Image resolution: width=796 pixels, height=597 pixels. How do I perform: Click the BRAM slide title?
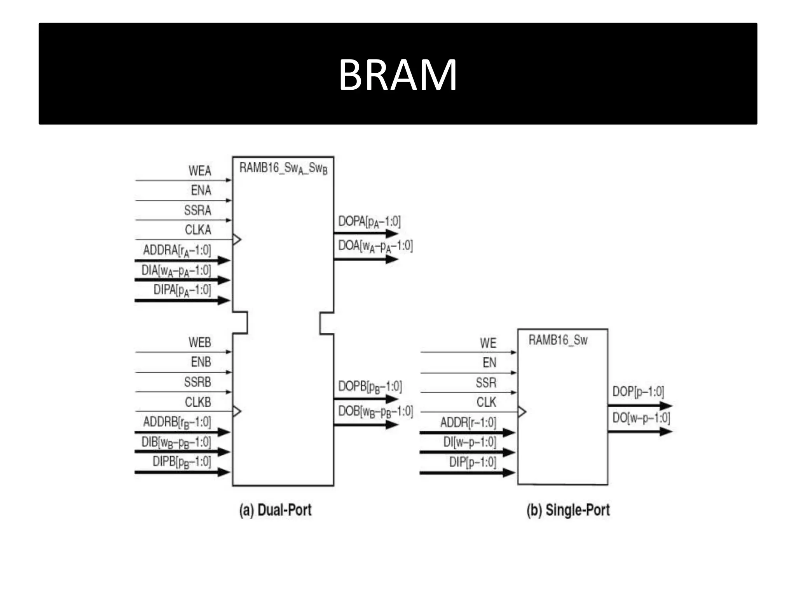point(398,75)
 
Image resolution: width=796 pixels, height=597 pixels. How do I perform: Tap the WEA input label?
point(200,171)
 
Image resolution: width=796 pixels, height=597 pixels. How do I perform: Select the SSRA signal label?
point(197,210)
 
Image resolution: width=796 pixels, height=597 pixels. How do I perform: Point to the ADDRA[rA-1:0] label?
point(177,250)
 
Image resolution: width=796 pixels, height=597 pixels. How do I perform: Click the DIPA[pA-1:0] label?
point(182,290)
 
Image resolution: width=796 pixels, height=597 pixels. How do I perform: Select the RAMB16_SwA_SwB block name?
point(283,168)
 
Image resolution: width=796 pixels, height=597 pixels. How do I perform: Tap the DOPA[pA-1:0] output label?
point(369,222)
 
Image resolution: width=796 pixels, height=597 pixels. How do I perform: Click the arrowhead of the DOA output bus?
point(392,259)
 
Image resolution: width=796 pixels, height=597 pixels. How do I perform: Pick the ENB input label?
point(201,362)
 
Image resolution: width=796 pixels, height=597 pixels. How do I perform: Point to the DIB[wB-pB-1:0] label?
point(176,442)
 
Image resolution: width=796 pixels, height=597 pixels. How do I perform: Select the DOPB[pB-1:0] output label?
point(370,387)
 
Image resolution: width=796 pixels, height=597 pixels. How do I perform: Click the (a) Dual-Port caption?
point(275,510)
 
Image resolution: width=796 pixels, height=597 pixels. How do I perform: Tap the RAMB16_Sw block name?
point(558,340)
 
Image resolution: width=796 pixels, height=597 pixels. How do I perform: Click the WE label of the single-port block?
point(488,343)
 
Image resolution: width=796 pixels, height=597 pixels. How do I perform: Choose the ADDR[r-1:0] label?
point(468,422)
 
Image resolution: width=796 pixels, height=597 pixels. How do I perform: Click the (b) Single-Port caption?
point(568,510)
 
